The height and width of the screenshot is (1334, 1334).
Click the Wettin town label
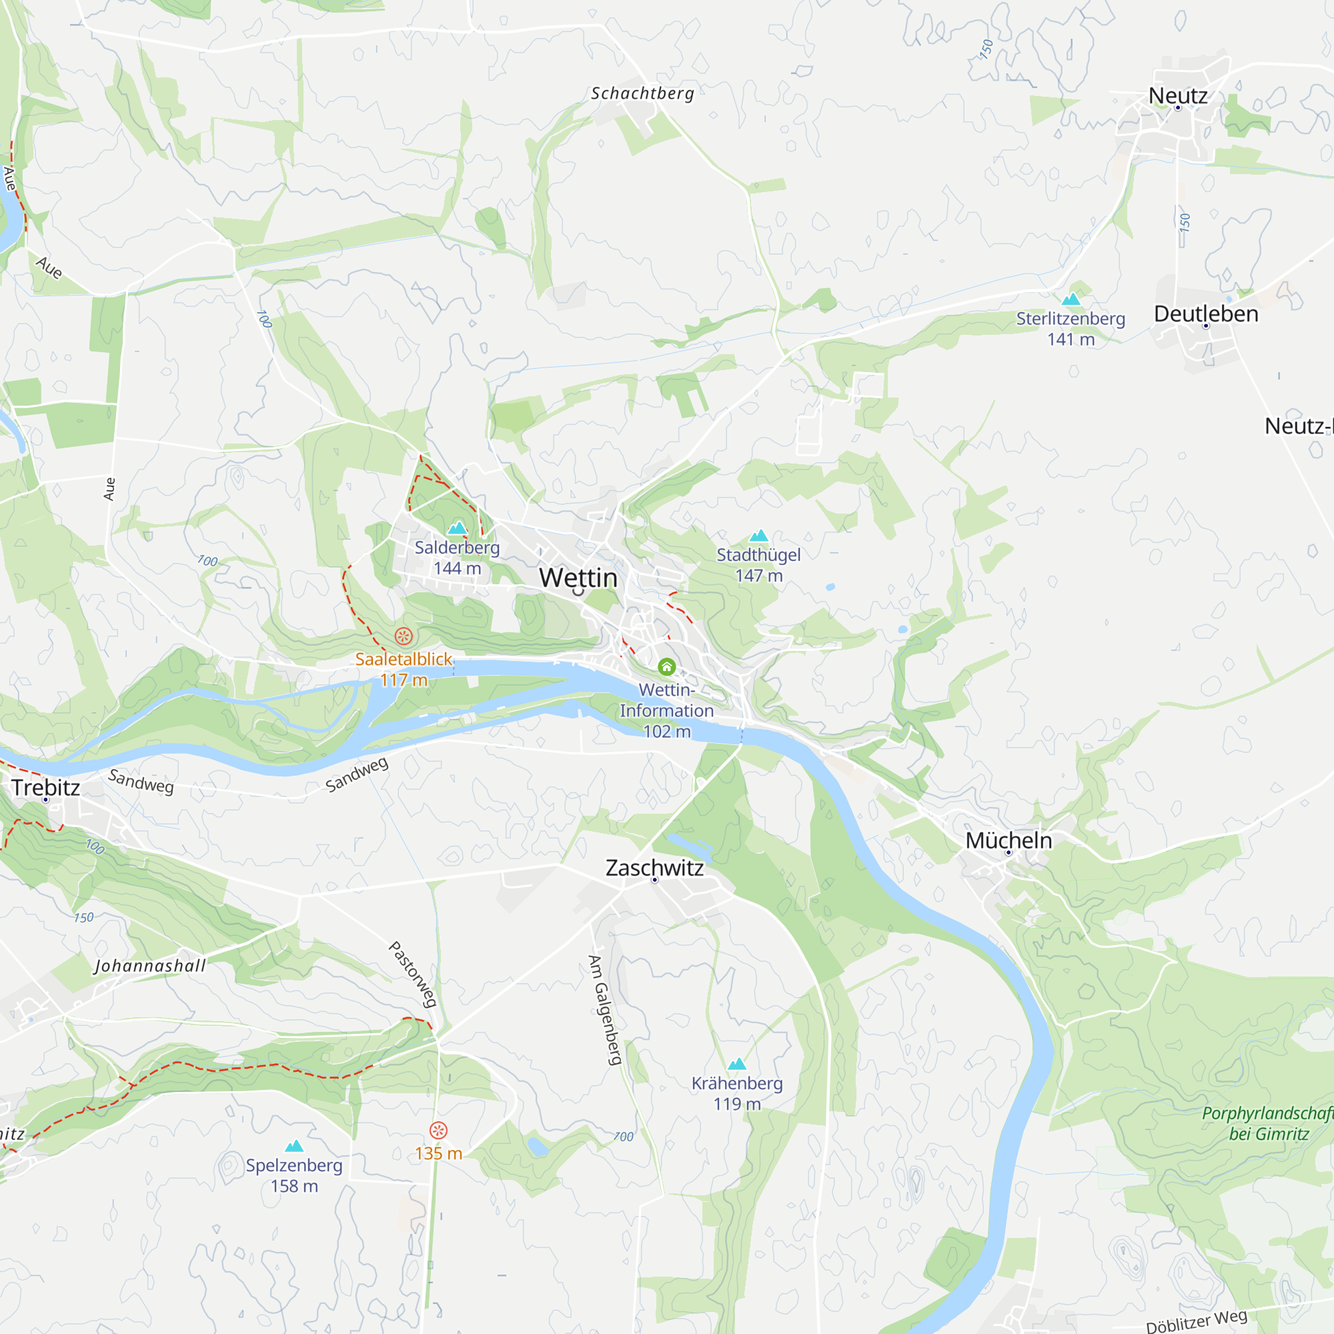tap(578, 577)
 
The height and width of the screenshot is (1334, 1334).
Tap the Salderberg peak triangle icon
tap(457, 529)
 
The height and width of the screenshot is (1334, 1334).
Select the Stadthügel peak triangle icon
tap(759, 536)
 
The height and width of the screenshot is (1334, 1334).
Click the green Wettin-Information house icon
tap(666, 667)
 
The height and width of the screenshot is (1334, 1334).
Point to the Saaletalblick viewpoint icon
tap(404, 636)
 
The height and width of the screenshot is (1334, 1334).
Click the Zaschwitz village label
tap(654, 868)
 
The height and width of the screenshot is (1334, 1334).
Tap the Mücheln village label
tap(1008, 841)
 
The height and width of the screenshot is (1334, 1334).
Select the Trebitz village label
tap(45, 788)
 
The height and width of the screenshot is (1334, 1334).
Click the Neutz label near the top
tap(1178, 95)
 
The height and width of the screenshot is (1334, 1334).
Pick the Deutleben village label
tap(1205, 314)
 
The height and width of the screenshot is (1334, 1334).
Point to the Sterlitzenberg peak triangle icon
tap(1071, 299)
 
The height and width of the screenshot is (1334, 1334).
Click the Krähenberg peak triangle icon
tap(738, 1064)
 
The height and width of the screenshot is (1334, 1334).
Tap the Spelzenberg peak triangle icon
tap(294, 1146)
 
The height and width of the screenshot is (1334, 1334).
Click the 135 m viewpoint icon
tap(438, 1131)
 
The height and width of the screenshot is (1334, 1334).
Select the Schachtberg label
tap(642, 93)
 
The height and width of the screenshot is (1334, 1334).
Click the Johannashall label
tap(150, 966)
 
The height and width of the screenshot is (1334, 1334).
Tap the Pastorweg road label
tap(413, 974)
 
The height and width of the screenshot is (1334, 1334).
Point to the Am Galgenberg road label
tap(605, 1009)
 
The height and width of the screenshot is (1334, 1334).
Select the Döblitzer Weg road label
tap(1196, 1320)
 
